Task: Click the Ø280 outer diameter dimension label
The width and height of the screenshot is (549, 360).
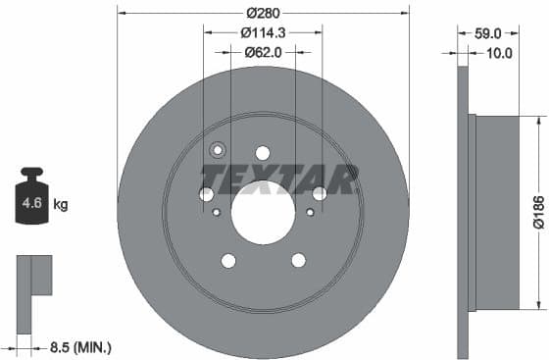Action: pos(262,13)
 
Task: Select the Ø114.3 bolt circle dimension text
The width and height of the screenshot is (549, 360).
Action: pos(262,32)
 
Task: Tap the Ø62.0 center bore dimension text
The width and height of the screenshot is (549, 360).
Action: pos(262,52)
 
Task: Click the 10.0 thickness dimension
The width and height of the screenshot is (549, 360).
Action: pos(500,53)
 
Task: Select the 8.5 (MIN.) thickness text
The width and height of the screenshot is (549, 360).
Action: pos(79,346)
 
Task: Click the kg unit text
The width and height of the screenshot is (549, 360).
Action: pos(61,205)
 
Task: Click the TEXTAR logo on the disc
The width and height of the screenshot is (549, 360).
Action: pos(278,180)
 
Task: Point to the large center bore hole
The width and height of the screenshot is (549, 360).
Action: pos(262,214)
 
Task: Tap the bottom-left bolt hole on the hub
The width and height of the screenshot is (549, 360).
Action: pos(228,260)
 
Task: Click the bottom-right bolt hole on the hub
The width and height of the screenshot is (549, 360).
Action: pos(297,260)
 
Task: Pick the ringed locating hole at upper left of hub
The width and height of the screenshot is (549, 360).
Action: pos(218,150)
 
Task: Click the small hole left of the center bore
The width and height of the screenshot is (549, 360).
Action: pos(216,212)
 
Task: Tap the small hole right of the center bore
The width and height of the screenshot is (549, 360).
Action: pos(310,212)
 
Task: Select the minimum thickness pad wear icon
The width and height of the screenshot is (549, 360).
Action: pos(32,279)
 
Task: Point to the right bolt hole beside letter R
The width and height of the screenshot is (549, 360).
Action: pos(319,194)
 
